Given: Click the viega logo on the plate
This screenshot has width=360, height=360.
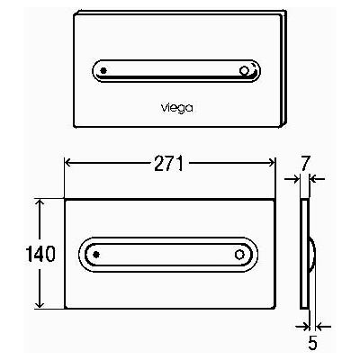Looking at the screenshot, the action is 177,108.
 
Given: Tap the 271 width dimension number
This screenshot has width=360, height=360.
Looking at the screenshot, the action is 168,164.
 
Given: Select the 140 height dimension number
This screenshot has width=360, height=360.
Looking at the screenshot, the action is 40,254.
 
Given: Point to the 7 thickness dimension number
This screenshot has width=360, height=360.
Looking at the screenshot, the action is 305,164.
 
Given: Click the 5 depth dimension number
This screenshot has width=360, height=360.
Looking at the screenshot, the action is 312,342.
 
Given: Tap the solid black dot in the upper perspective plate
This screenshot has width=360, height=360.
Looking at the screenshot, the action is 103,71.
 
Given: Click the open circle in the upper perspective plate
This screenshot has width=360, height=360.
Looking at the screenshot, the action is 244,71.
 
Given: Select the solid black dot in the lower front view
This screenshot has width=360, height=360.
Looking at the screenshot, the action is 96,255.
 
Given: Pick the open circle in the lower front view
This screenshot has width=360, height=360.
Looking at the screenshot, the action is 239,255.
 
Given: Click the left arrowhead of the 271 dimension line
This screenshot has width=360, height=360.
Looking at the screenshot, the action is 67,163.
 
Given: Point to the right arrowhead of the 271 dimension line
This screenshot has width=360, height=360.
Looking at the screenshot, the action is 272,163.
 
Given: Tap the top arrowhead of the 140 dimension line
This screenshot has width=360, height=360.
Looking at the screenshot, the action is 40,202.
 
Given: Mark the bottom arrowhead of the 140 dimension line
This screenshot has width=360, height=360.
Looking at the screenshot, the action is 40,304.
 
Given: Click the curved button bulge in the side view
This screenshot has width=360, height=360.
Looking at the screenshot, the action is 313,255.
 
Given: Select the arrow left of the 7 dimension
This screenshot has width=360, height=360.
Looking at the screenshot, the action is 292,179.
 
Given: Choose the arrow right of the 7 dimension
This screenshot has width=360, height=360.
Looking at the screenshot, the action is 317,179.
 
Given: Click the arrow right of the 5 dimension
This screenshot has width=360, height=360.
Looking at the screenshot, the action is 323,326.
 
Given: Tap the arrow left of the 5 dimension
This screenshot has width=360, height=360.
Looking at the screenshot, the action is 301,326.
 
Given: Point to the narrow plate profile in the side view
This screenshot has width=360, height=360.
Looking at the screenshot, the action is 303,254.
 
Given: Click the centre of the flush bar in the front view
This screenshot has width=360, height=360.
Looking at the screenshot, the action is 168,255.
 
